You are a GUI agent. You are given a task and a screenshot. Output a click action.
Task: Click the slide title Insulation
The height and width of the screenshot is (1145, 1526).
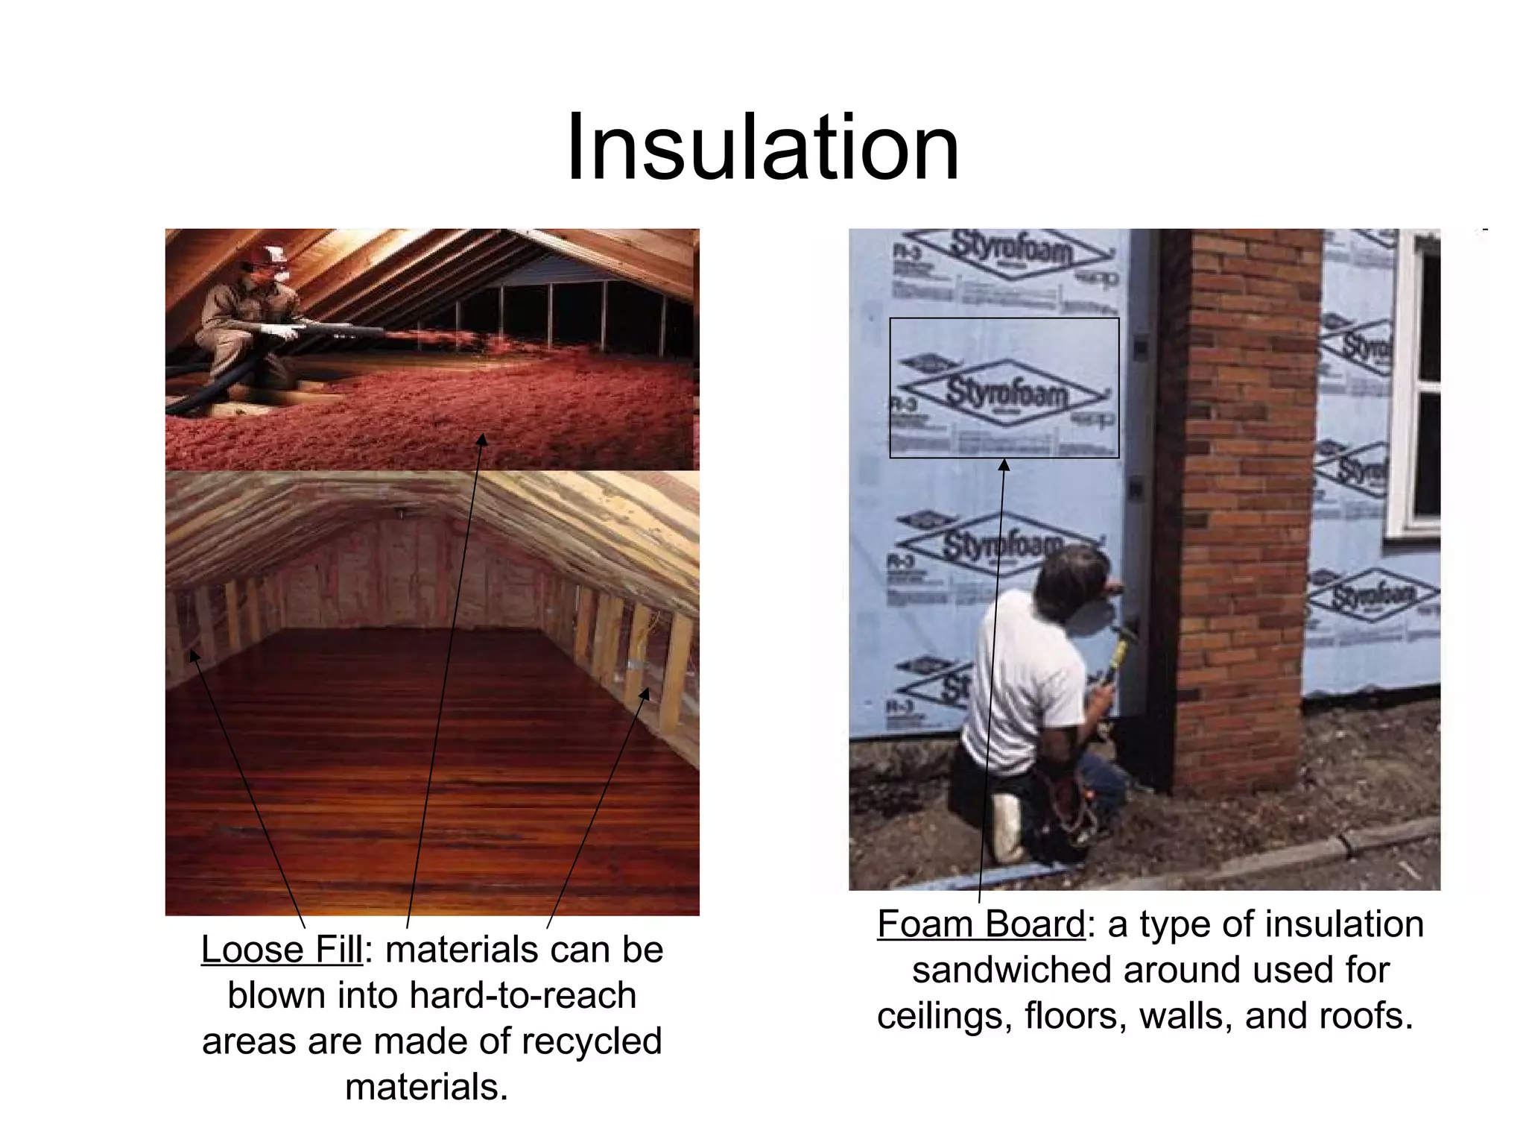pyautogui.click(x=762, y=147)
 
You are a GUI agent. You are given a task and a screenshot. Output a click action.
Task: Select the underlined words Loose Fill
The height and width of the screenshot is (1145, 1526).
pyautogui.click(x=282, y=950)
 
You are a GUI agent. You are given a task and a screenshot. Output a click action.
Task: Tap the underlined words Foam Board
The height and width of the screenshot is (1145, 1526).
pyautogui.click(x=981, y=924)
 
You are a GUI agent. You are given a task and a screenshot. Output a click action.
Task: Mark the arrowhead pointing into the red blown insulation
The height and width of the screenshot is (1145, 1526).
pyautogui.click(x=483, y=439)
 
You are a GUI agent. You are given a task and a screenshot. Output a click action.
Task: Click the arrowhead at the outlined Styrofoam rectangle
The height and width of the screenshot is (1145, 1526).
pyautogui.click(x=1004, y=465)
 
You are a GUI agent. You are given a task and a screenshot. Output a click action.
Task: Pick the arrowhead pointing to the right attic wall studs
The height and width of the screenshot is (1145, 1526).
pyautogui.click(x=645, y=694)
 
